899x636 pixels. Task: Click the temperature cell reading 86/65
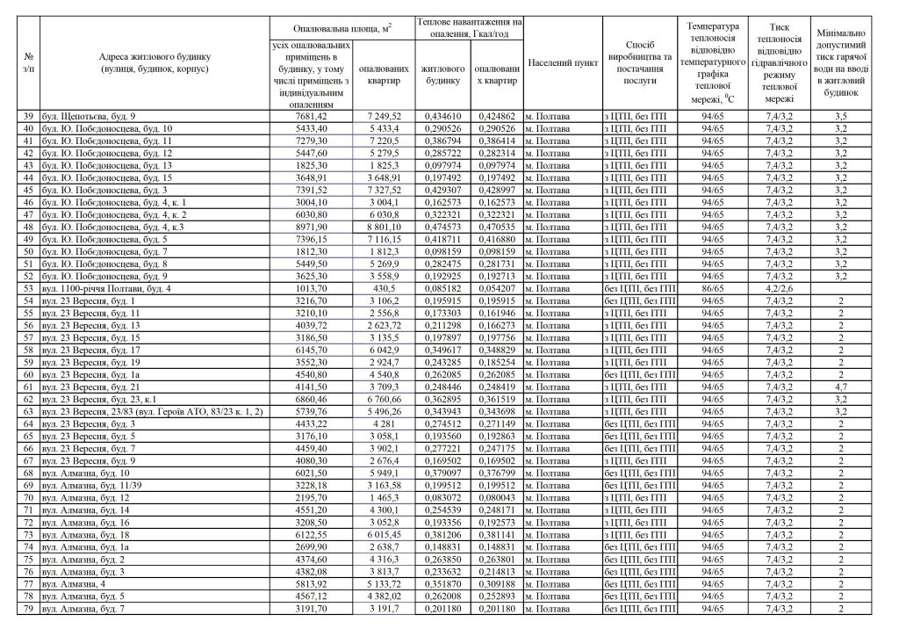(x=713, y=287)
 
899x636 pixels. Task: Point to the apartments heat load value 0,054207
(x=496, y=287)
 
